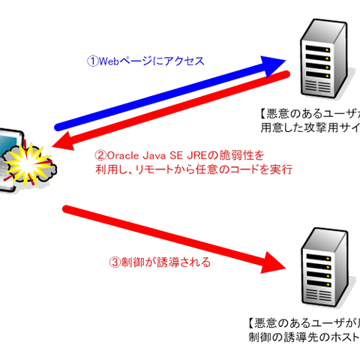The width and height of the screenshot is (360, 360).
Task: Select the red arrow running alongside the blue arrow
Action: click(180, 109)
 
